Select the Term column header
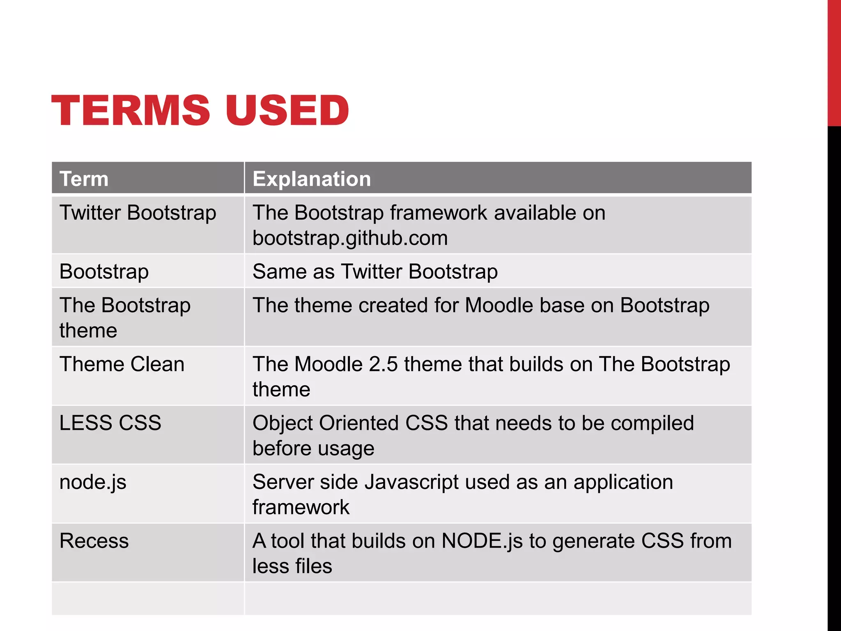coord(84,179)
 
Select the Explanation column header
coord(312,179)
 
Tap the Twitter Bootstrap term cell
coord(138,213)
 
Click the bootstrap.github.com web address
coord(350,238)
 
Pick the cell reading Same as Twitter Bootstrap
coord(375,272)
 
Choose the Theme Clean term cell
coord(122,364)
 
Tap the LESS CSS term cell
coord(110,423)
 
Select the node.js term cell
coord(93,482)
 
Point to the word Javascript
coord(411,482)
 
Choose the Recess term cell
coord(94,541)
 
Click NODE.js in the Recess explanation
coord(482,541)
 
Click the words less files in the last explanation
coord(292,566)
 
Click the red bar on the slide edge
coord(834,62)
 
